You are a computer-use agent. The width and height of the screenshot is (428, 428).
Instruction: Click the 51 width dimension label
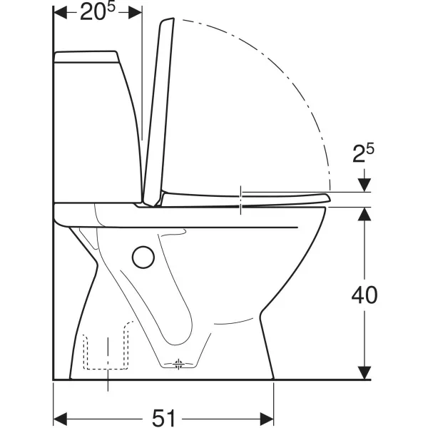coord(163,417)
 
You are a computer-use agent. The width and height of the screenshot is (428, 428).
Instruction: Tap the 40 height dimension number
coord(365,295)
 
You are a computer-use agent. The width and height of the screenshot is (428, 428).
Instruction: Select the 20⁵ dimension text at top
coord(98,11)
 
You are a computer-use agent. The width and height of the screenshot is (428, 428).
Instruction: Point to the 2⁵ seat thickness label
coord(363,153)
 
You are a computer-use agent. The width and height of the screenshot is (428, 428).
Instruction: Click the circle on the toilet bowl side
coord(143,257)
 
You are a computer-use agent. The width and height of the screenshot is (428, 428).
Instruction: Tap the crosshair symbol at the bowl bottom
coord(178,364)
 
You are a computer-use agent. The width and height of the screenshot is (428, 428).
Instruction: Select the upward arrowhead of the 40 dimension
coord(365,214)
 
